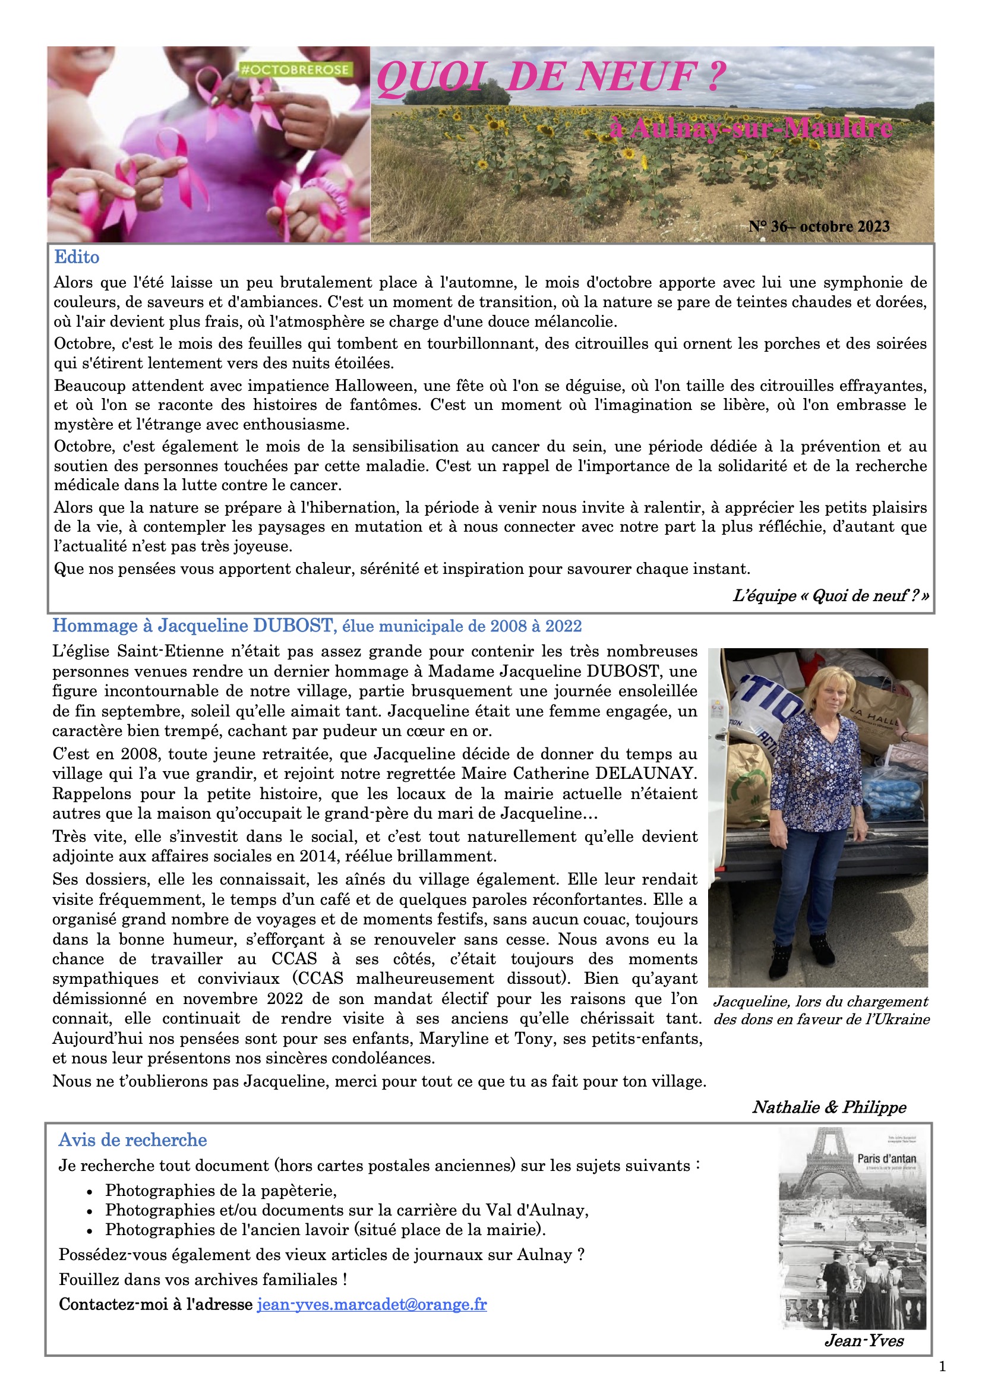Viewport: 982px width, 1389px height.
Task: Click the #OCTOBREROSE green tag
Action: pos(295,70)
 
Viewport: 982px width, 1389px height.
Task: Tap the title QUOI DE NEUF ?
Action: pos(551,77)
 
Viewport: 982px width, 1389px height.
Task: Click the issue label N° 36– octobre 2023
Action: pos(819,226)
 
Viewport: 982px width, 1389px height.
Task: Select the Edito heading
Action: pos(77,257)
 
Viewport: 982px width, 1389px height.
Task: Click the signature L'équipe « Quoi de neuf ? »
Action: pos(830,596)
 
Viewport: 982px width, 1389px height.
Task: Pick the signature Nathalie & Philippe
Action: pos(829,1107)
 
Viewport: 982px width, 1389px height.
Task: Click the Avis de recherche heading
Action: pos(132,1140)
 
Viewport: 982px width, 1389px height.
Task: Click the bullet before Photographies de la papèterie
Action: pos(90,1192)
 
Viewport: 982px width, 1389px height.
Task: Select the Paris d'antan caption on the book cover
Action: pos(886,1158)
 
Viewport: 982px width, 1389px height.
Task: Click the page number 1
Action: pos(942,1366)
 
